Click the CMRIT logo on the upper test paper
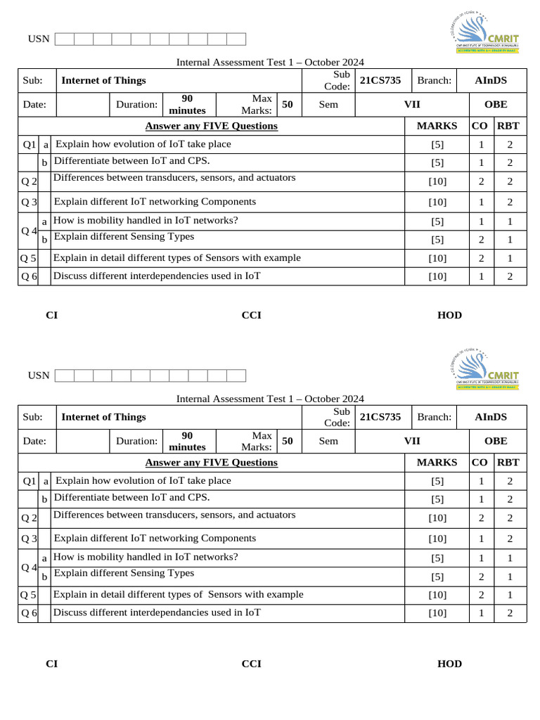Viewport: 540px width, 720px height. click(484, 32)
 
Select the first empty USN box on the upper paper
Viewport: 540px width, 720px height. click(64, 39)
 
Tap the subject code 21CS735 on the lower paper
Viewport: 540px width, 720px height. click(380, 417)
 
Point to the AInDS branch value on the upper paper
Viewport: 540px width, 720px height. click(490, 80)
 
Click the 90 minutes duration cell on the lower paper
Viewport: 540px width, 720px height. click(188, 441)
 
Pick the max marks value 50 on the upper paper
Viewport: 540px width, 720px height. click(287, 104)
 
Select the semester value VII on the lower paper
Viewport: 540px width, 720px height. click(411, 441)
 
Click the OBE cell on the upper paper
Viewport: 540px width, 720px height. click(496, 104)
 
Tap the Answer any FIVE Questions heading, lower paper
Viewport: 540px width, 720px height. click(211, 463)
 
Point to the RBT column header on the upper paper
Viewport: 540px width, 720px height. click(508, 126)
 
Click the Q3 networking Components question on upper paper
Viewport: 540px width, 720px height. click(155, 202)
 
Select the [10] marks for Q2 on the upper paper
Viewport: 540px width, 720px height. click(437, 181)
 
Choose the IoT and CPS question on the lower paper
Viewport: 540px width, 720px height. click(131, 498)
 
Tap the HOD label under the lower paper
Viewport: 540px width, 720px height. click(449, 664)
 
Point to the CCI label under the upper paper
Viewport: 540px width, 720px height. click(251, 315)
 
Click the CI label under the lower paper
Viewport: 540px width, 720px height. click(51, 664)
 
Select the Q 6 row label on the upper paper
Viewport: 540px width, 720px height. click(29, 276)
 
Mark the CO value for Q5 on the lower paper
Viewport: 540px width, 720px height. click(482, 595)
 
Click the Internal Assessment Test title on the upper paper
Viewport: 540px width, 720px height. click(270, 63)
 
